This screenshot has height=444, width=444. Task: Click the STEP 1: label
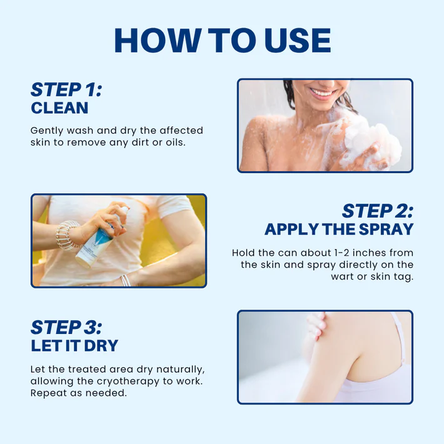[66, 89]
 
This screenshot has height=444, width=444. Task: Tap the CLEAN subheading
[59, 108]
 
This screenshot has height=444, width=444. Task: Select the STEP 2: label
[377, 210]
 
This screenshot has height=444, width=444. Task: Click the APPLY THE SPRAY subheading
[339, 229]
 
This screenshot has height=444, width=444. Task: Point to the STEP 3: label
[66, 327]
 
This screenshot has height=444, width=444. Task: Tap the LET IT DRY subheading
[74, 346]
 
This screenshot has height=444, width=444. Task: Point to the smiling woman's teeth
[323, 93]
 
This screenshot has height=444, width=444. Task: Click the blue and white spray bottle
[94, 241]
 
